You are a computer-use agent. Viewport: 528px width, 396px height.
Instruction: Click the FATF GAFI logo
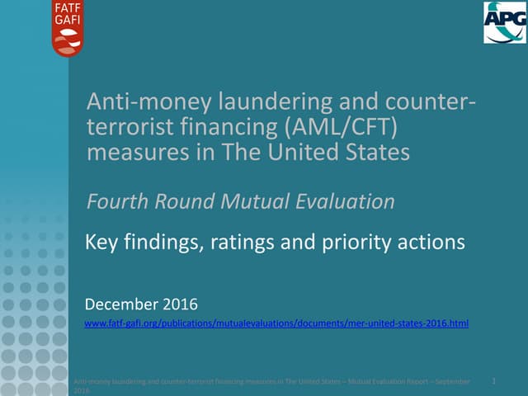click(68, 28)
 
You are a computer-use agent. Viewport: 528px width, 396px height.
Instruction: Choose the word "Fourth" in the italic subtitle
click(116, 201)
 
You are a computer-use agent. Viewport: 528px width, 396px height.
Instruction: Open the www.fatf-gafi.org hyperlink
click(276, 324)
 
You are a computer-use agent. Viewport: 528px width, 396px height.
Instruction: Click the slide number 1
click(493, 381)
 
